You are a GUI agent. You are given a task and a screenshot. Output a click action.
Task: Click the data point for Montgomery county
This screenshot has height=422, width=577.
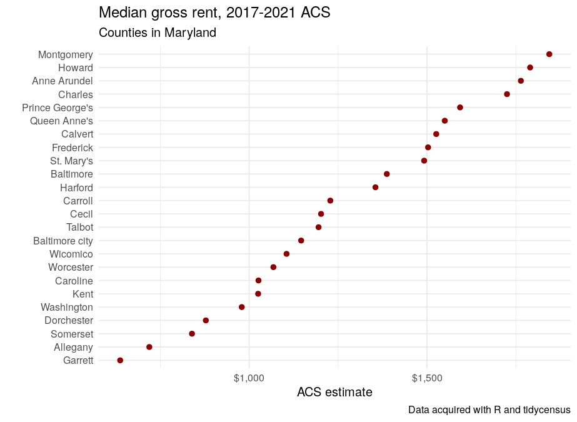[x=549, y=54]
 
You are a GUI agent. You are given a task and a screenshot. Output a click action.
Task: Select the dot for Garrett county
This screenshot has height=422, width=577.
[x=120, y=360]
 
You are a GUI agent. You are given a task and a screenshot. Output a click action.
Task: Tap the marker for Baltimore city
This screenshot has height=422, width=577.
[x=301, y=241]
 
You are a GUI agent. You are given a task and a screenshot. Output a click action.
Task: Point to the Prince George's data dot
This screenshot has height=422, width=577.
[x=460, y=108]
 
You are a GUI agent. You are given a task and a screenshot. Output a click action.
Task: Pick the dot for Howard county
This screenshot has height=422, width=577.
[x=530, y=68]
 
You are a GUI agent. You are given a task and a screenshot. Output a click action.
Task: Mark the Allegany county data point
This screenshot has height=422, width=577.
[x=149, y=347]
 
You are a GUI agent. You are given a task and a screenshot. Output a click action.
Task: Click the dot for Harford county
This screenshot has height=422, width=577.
[x=375, y=188]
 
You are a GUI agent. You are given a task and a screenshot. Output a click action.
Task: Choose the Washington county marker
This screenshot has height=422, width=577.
[x=242, y=307]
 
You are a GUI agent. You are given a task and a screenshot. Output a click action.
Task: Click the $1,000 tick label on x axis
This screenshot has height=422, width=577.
[x=249, y=378]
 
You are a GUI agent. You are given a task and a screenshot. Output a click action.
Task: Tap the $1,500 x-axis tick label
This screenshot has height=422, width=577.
[x=427, y=378]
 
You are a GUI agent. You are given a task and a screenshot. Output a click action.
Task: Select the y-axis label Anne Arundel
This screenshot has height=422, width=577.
[x=63, y=81]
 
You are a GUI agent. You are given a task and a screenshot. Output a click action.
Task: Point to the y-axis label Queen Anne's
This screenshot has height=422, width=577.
[x=61, y=121]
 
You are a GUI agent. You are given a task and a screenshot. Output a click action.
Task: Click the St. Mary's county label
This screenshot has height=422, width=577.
[x=71, y=161]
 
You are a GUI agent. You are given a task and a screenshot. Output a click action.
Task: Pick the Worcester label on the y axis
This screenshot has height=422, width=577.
[x=71, y=267]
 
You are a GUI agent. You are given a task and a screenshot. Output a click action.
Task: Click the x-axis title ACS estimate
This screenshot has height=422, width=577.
[x=334, y=393]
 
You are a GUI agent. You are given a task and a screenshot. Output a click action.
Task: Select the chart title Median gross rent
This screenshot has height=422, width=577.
[x=214, y=12]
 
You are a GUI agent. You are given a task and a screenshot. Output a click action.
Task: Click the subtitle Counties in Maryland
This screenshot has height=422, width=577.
[x=158, y=33]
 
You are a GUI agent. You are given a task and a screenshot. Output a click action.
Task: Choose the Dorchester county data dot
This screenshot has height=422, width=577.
[x=206, y=320]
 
